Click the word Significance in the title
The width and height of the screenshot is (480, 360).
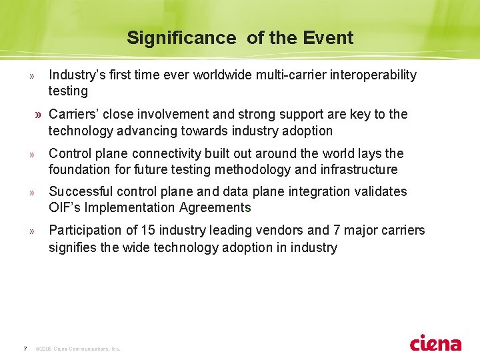(x=181, y=38)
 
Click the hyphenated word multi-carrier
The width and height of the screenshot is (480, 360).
(x=290, y=75)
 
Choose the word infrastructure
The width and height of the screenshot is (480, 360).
(x=359, y=169)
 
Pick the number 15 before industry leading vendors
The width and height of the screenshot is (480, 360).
(x=148, y=231)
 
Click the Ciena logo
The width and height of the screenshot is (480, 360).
(x=435, y=343)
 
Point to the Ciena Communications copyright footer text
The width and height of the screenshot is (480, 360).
(x=78, y=349)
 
